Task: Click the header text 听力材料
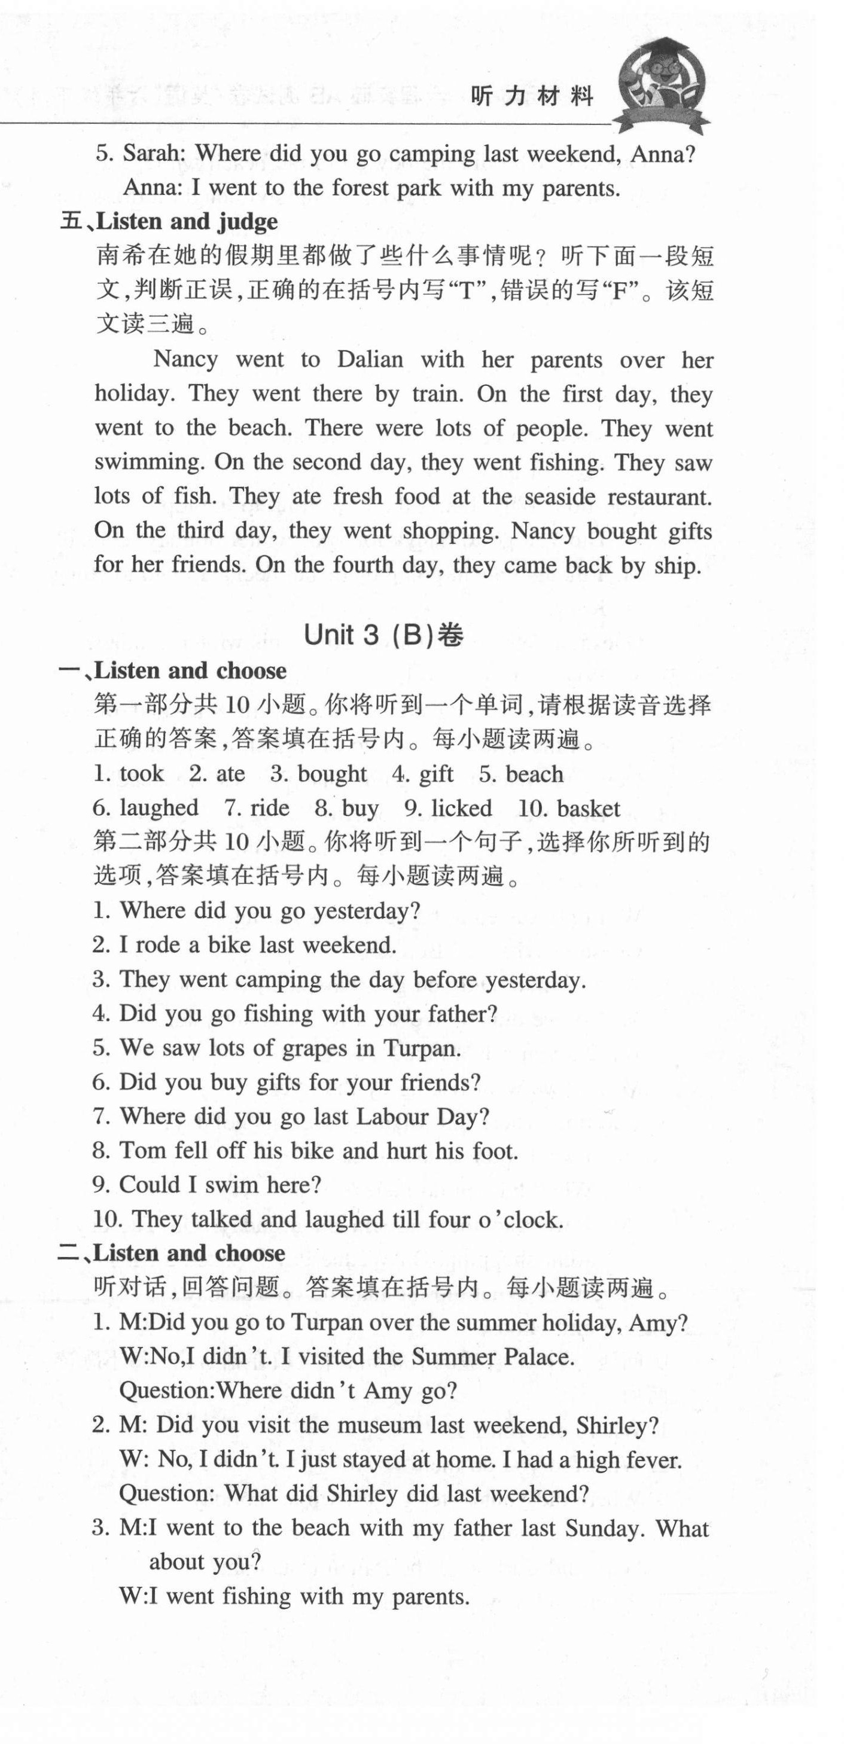[532, 97]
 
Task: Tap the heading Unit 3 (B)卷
[383, 635]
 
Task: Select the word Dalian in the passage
[370, 359]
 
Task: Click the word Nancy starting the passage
[185, 359]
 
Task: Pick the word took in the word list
[142, 773]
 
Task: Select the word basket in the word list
[589, 809]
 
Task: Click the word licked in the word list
[461, 809]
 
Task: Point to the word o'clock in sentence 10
[521, 1219]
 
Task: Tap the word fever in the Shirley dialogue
[644, 1460]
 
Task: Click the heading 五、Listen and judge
[169, 221]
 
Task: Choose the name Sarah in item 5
[153, 154]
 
